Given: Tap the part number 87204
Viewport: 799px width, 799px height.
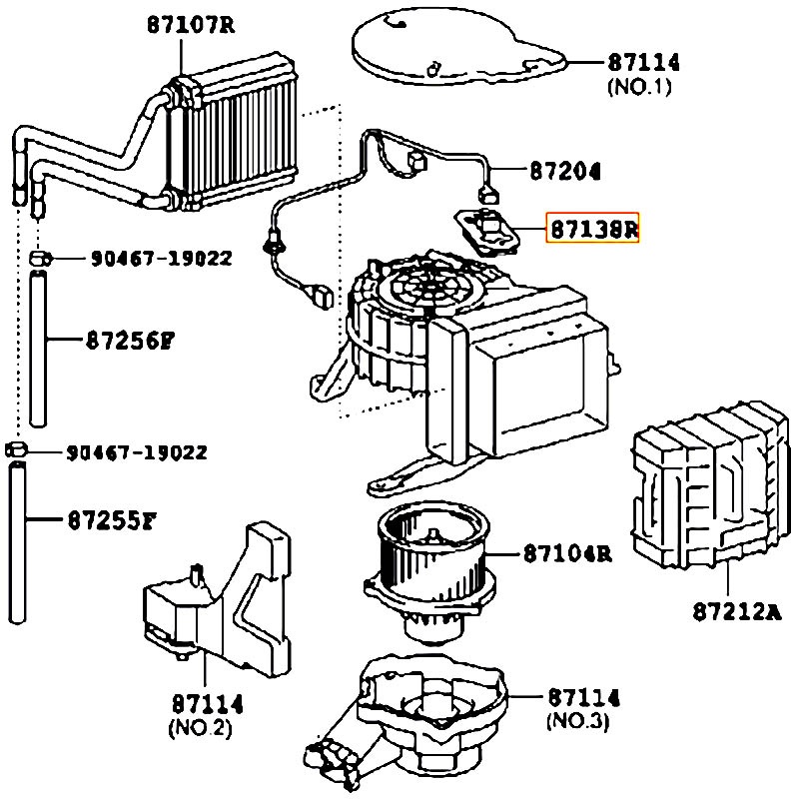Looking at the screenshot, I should tap(564, 171).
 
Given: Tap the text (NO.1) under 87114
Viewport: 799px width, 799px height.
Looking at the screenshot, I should tap(639, 87).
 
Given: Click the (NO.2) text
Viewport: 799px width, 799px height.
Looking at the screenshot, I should tap(200, 727).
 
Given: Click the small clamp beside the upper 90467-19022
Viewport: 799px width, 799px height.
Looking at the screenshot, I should tap(40, 259).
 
